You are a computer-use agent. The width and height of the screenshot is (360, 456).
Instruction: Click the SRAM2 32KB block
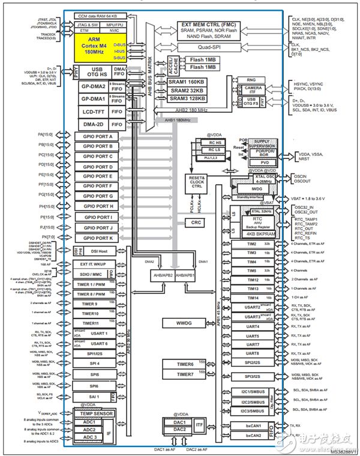point(186,90)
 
